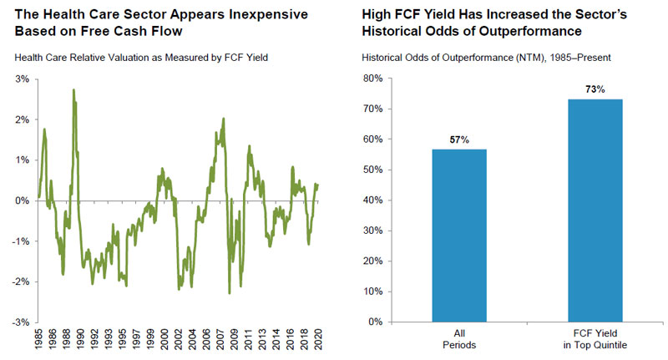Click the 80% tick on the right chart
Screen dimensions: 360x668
(371, 79)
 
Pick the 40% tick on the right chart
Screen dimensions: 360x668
(371, 200)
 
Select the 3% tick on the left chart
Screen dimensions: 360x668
(22, 79)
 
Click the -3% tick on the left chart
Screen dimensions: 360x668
(20, 322)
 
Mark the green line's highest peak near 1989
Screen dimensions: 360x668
(73, 90)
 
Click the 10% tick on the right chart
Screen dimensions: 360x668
(371, 292)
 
